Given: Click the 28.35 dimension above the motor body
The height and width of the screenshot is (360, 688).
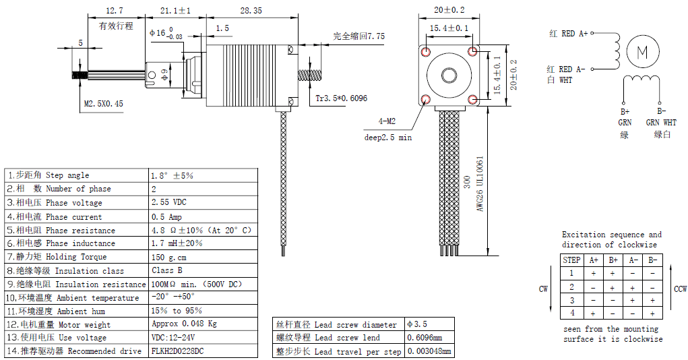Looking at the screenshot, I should (x=251, y=10).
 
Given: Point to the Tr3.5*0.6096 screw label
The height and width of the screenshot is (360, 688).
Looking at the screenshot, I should (x=342, y=98).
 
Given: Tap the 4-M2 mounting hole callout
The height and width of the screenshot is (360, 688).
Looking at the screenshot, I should (x=387, y=122).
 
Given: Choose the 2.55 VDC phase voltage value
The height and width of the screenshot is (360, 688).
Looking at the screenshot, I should (x=169, y=202).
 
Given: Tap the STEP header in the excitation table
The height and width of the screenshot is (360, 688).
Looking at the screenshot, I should (x=571, y=260).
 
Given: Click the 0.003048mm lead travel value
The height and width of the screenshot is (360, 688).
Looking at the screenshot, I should (x=430, y=351).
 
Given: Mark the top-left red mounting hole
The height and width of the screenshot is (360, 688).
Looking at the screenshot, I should (x=425, y=51).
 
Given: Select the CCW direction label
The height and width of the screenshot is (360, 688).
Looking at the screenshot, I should (x=680, y=289).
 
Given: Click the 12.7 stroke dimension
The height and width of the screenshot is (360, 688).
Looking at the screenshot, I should (x=115, y=10).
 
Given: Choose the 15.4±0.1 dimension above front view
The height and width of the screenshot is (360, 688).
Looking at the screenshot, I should (x=449, y=28).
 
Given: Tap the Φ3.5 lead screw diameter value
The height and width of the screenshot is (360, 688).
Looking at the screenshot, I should (x=417, y=324).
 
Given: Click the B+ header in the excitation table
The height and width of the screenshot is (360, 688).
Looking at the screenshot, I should (x=613, y=260).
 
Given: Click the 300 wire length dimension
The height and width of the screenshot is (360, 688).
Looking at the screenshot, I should (x=466, y=183).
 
